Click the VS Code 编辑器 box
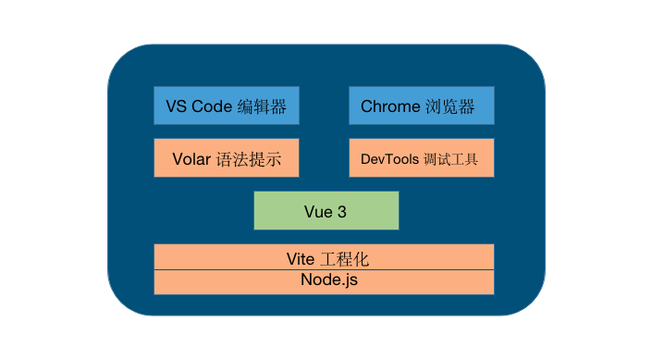[x=227, y=106]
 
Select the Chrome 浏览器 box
[x=421, y=106]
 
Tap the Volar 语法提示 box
[x=227, y=158]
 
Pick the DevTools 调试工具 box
[x=421, y=158]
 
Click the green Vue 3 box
[x=326, y=211]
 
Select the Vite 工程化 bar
[x=324, y=256]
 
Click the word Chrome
[x=390, y=106]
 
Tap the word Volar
[x=192, y=159]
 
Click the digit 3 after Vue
[x=342, y=212]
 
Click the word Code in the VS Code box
[x=211, y=106]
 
